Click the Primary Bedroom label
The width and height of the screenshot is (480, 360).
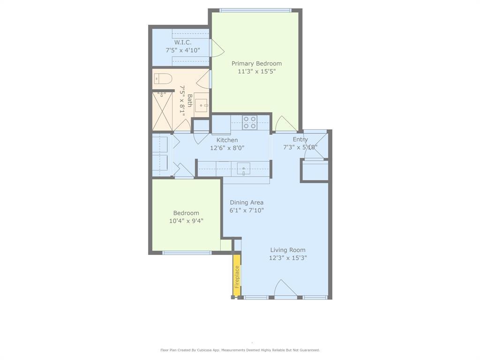256,64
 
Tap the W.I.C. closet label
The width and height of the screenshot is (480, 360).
183,42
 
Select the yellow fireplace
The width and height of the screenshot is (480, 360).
237,277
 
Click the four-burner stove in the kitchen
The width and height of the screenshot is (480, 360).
250,122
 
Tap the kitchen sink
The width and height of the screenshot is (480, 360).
243,168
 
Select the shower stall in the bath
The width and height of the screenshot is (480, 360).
162,112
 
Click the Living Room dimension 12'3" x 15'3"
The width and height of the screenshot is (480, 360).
288,258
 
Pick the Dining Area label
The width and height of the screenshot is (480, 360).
247,202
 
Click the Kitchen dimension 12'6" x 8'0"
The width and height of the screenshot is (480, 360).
227,148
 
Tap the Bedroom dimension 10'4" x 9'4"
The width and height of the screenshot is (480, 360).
186,221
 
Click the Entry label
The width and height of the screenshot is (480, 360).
300,140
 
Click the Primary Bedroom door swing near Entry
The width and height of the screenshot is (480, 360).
285,124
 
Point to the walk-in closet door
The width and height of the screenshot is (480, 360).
216,48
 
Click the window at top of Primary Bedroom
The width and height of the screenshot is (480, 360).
255,10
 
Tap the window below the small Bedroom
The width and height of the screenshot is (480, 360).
187,253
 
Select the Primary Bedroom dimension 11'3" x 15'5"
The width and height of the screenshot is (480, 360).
256,72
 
